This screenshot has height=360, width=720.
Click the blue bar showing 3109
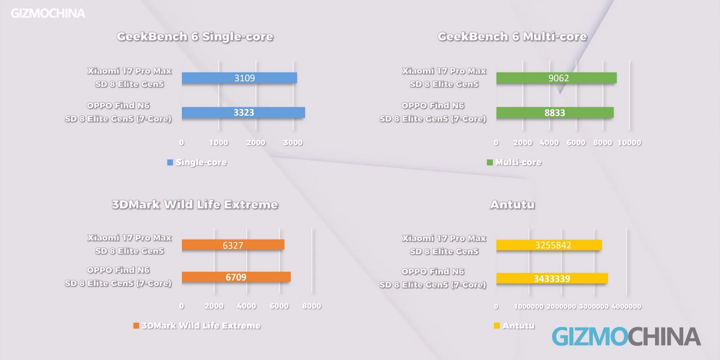click(x=239, y=78)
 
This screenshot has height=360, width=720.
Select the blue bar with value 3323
click(x=243, y=112)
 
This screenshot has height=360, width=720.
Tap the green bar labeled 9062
click(x=556, y=78)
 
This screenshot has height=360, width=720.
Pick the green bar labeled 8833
click(x=555, y=112)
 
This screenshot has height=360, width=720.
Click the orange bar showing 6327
click(x=233, y=245)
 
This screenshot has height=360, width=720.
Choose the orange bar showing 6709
click(x=236, y=277)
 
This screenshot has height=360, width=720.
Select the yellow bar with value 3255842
click(x=549, y=245)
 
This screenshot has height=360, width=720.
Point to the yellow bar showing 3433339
click(x=552, y=278)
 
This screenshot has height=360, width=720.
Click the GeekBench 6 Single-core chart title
click(x=195, y=36)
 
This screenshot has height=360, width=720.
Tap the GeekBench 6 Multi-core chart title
click(x=512, y=36)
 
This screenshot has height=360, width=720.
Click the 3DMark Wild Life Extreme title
click(x=195, y=204)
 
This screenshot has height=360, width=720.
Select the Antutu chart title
click(x=512, y=204)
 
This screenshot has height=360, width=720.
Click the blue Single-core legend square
click(x=170, y=162)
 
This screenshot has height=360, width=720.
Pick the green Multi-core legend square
click(x=490, y=162)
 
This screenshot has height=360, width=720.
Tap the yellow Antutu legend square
click(x=497, y=325)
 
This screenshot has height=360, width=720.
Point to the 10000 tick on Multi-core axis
click(x=629, y=142)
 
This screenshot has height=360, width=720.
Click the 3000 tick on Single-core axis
click(x=293, y=142)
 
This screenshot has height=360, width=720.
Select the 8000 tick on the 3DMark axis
click(x=312, y=306)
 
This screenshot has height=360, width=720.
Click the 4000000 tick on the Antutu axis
click(x=627, y=306)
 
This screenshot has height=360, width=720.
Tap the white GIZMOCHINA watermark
click(x=48, y=13)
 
